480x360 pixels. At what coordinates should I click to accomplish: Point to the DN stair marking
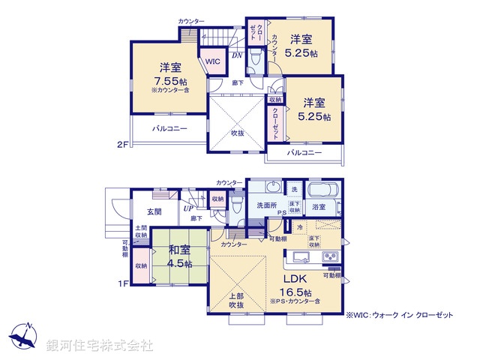pyautogui.click(x=235, y=55)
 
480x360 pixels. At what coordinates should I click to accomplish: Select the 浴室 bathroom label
pyautogui.click(x=319, y=206)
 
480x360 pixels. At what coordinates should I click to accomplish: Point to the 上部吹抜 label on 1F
pyautogui.click(x=236, y=299)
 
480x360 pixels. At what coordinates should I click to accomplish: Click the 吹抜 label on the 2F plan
pyautogui.click(x=237, y=132)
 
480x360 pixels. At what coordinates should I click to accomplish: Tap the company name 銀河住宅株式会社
pyautogui.click(x=100, y=346)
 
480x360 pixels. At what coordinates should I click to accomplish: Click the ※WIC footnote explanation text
pyautogui.click(x=400, y=316)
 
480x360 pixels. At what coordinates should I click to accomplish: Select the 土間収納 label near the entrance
pyautogui.click(x=141, y=231)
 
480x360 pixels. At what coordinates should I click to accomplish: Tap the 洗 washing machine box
pyautogui.click(x=294, y=187)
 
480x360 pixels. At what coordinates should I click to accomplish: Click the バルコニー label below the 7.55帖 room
pyautogui.click(x=169, y=128)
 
